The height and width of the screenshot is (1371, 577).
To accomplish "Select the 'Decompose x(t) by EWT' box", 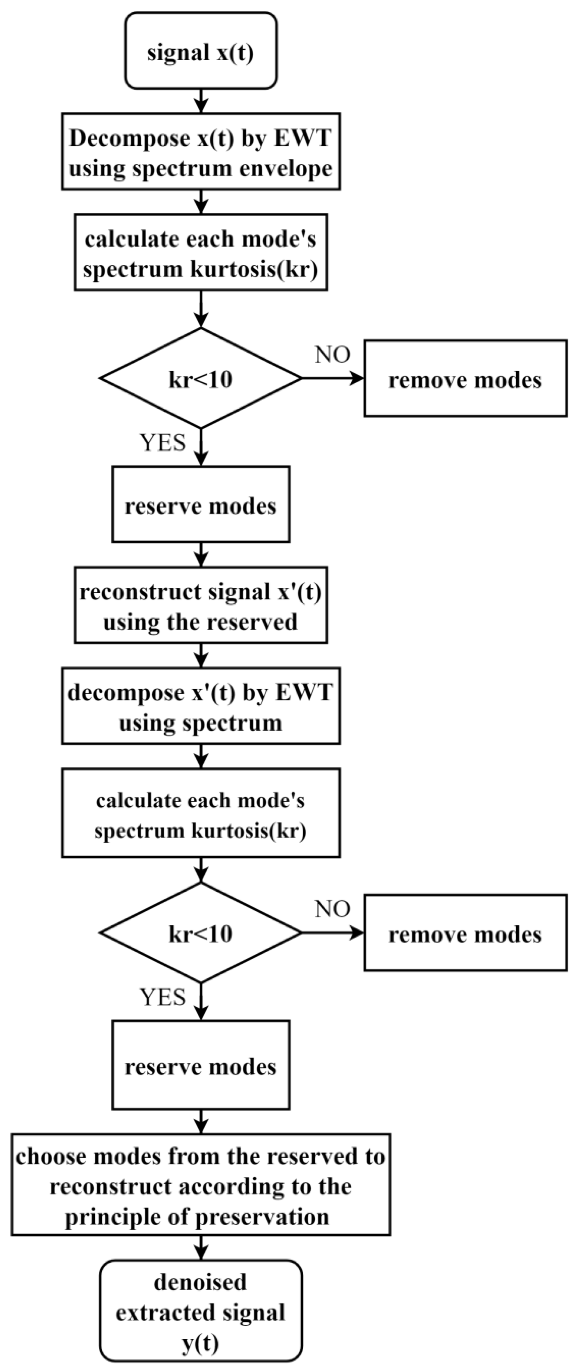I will pos(201,152).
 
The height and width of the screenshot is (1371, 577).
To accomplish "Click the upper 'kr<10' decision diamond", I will pos(201,378).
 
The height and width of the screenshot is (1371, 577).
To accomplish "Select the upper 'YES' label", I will pos(162,442).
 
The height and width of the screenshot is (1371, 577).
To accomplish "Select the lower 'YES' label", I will pos(162,996).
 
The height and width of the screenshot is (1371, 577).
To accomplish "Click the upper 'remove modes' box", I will pos(465,378).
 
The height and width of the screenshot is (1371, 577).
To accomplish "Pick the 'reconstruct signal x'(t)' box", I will pos(201,605).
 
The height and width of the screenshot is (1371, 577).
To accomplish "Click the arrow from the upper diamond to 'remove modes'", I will pos(333,378).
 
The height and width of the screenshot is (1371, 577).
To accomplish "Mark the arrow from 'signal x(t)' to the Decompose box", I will pos(201,100).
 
